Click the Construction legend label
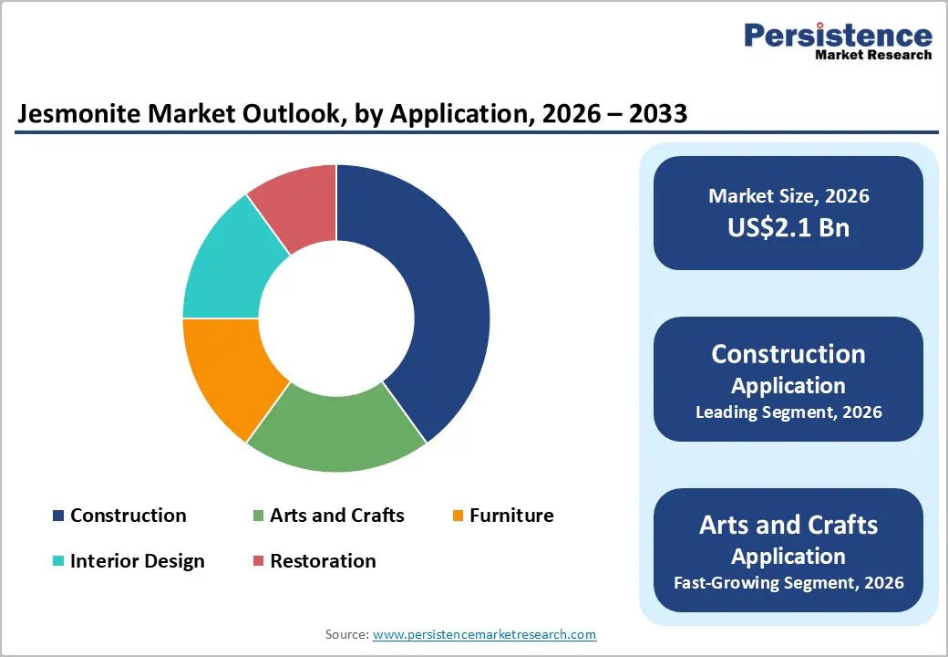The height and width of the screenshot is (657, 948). pos(128,516)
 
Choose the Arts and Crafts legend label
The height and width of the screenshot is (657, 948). pos(336,516)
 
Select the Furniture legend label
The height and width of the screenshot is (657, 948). pos(511,516)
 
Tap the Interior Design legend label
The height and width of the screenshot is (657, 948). pos(137,560)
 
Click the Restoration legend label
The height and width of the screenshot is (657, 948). pos(323,560)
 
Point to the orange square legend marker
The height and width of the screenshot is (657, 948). pos(458,516)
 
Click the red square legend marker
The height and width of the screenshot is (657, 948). pos(258,561)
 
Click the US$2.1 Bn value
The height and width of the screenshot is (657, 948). pos(788,227)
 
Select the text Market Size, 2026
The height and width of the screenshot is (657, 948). pos(788,196)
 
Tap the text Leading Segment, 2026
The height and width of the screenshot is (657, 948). pos(788,412)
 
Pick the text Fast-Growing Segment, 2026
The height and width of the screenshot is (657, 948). pos(788,582)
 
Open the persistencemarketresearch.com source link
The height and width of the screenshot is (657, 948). pos(484,634)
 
